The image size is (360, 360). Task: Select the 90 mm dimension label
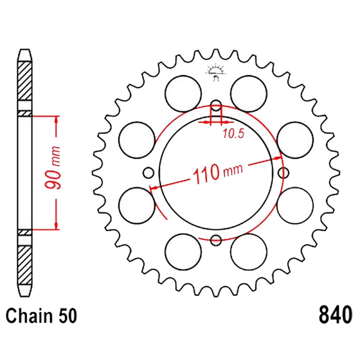click(53, 167)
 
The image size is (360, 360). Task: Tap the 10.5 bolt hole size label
click(234, 134)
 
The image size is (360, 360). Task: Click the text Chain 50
click(41, 316)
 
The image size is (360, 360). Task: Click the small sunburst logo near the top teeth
click(215, 72)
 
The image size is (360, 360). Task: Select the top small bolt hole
click(216, 105)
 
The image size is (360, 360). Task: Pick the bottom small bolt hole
click(216, 240)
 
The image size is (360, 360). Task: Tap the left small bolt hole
click(149, 173)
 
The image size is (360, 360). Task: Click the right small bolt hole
click(283, 173)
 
